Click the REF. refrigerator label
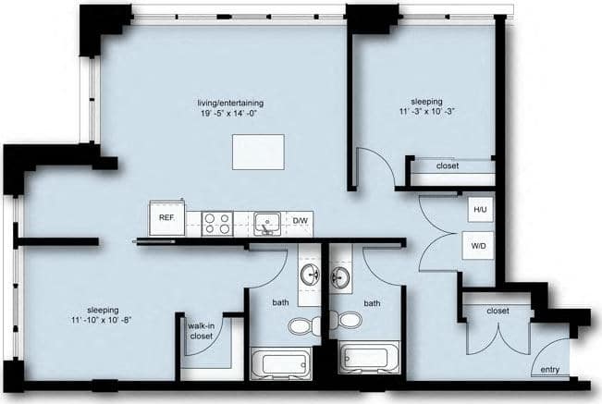[166, 217]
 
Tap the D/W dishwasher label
[301, 220]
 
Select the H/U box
[480, 210]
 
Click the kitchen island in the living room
[258, 152]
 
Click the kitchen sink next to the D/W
[269, 222]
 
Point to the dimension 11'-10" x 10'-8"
[102, 321]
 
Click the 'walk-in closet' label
[202, 331]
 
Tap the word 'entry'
[550, 370]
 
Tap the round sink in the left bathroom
[309, 275]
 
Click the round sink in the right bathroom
[340, 275]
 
